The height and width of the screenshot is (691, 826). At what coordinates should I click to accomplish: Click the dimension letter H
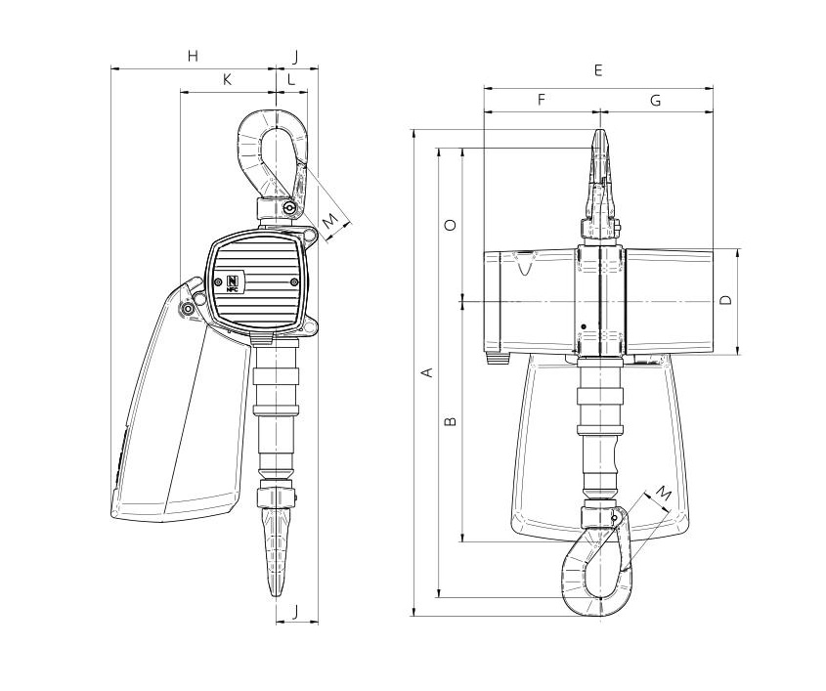pyautogui.click(x=194, y=56)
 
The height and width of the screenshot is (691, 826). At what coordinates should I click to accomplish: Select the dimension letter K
pyautogui.click(x=227, y=79)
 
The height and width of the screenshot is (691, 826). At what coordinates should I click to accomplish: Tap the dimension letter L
pyautogui.click(x=291, y=79)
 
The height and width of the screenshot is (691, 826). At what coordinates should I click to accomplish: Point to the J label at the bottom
pyautogui.click(x=295, y=612)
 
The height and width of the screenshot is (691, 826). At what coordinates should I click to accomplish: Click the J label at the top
pyautogui.click(x=295, y=57)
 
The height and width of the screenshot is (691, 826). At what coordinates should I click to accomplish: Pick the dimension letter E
pyautogui.click(x=598, y=70)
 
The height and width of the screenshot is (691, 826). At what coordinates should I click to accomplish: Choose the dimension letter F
pyautogui.click(x=541, y=100)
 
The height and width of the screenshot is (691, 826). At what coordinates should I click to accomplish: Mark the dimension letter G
pyautogui.click(x=655, y=100)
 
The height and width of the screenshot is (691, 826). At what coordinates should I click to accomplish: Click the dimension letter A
pyautogui.click(x=428, y=372)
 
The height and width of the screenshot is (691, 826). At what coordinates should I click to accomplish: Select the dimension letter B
pyautogui.click(x=451, y=421)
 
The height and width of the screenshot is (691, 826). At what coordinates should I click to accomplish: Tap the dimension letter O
pyautogui.click(x=451, y=226)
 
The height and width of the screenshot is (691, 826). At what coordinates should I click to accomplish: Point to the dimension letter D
pyautogui.click(x=726, y=300)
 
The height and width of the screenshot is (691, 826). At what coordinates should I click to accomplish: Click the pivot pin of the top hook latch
pyautogui.click(x=288, y=209)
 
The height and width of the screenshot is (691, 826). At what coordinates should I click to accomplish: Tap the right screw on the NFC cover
pyautogui.click(x=293, y=282)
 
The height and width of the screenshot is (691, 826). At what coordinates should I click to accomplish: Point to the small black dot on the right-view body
pyautogui.click(x=584, y=327)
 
